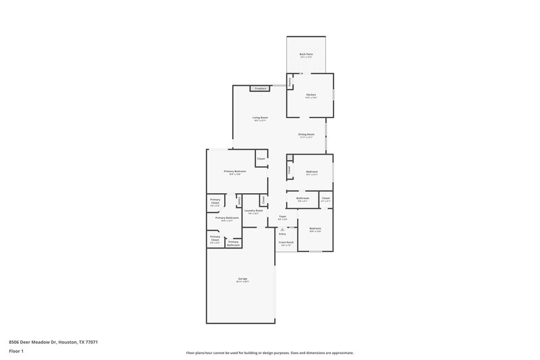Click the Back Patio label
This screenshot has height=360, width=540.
pyautogui.click(x=306, y=54)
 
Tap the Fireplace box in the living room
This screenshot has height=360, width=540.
pyautogui.click(x=260, y=88)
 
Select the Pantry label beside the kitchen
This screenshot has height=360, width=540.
pyautogui.click(x=290, y=82)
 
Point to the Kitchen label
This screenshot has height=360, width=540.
pyautogui.click(x=311, y=95)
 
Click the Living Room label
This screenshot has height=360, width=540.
pyautogui.click(x=260, y=118)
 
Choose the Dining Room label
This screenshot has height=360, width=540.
pyautogui.click(x=306, y=134)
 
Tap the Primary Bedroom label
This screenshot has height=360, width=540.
pyautogui.click(x=235, y=172)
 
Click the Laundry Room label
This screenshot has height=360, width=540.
pyautogui.click(x=254, y=211)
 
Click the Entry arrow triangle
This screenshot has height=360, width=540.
pyautogui.click(x=282, y=230)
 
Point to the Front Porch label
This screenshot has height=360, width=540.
pyautogui.click(x=286, y=242)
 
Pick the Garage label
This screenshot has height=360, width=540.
pyautogui.click(x=242, y=278)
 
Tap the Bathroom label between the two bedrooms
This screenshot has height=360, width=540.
pyautogui.click(x=302, y=198)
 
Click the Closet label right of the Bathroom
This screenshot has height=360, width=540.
pyautogui.click(x=325, y=198)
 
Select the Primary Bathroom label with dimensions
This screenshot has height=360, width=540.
pyautogui.click(x=227, y=217)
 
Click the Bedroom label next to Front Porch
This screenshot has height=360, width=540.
pyautogui.click(x=315, y=228)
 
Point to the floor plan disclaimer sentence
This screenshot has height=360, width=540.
pyautogui.click(x=270, y=353)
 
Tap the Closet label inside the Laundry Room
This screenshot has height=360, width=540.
pyautogui.click(x=263, y=199)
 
